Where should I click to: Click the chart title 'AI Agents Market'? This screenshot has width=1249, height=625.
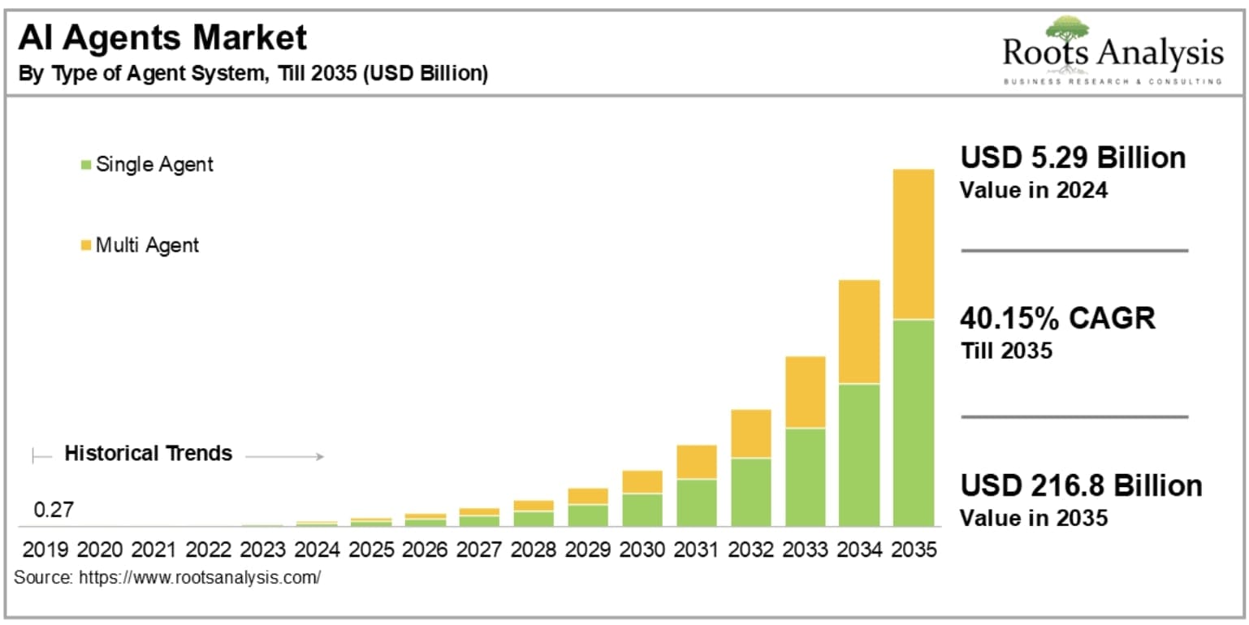pyautogui.click(x=163, y=38)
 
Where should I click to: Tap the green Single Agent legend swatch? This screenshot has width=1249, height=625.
pyautogui.click(x=86, y=165)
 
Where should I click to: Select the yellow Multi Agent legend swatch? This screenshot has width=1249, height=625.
pyautogui.click(x=86, y=245)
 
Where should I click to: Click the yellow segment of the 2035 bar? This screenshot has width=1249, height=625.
pyautogui.click(x=913, y=244)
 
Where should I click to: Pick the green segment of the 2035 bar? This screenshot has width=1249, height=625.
pyautogui.click(x=913, y=422)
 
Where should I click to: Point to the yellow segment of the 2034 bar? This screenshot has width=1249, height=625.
pyautogui.click(x=859, y=331)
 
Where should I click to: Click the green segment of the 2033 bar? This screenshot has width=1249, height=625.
pyautogui.click(x=805, y=476)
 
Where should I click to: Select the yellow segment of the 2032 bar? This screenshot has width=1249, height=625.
pyautogui.click(x=750, y=433)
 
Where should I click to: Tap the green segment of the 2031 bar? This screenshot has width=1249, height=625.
pyautogui.click(x=696, y=502)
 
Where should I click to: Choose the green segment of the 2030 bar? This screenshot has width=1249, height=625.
pyautogui.click(x=642, y=510)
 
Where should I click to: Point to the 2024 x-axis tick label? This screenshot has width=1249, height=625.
pyautogui.click(x=317, y=550)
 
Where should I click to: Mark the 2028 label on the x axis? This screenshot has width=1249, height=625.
pyautogui.click(x=534, y=550)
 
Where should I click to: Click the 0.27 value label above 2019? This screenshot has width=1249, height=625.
pyautogui.click(x=54, y=511)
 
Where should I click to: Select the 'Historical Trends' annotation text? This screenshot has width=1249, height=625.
pyautogui.click(x=149, y=453)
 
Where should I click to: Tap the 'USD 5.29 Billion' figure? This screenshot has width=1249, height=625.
pyautogui.click(x=1073, y=157)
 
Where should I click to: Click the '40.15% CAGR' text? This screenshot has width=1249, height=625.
pyautogui.click(x=1057, y=318)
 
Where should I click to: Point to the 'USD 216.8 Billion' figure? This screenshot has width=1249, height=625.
pyautogui.click(x=1081, y=485)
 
